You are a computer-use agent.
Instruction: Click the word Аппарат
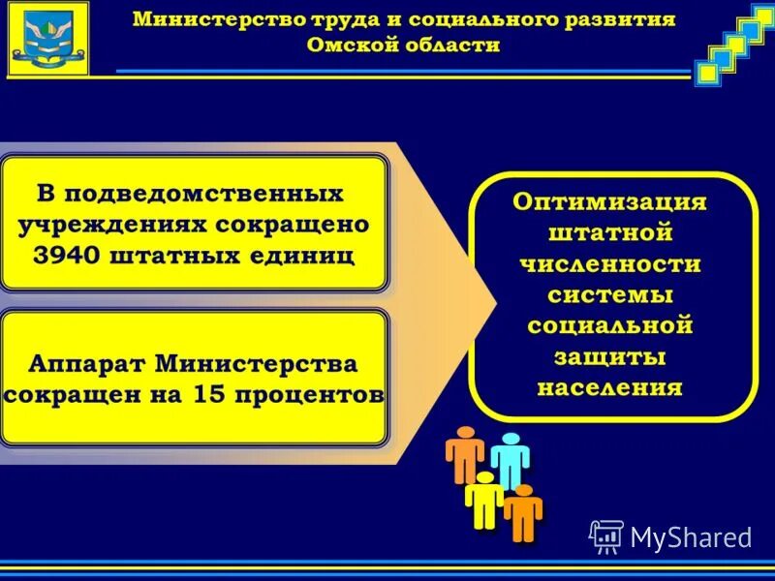[87, 365]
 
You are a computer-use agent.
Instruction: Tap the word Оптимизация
[609, 202]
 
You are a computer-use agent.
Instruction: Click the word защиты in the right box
[609, 357]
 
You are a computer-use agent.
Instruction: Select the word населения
[609, 388]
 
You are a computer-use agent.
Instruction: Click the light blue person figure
[510, 459]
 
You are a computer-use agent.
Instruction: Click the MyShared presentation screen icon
[606, 535]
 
